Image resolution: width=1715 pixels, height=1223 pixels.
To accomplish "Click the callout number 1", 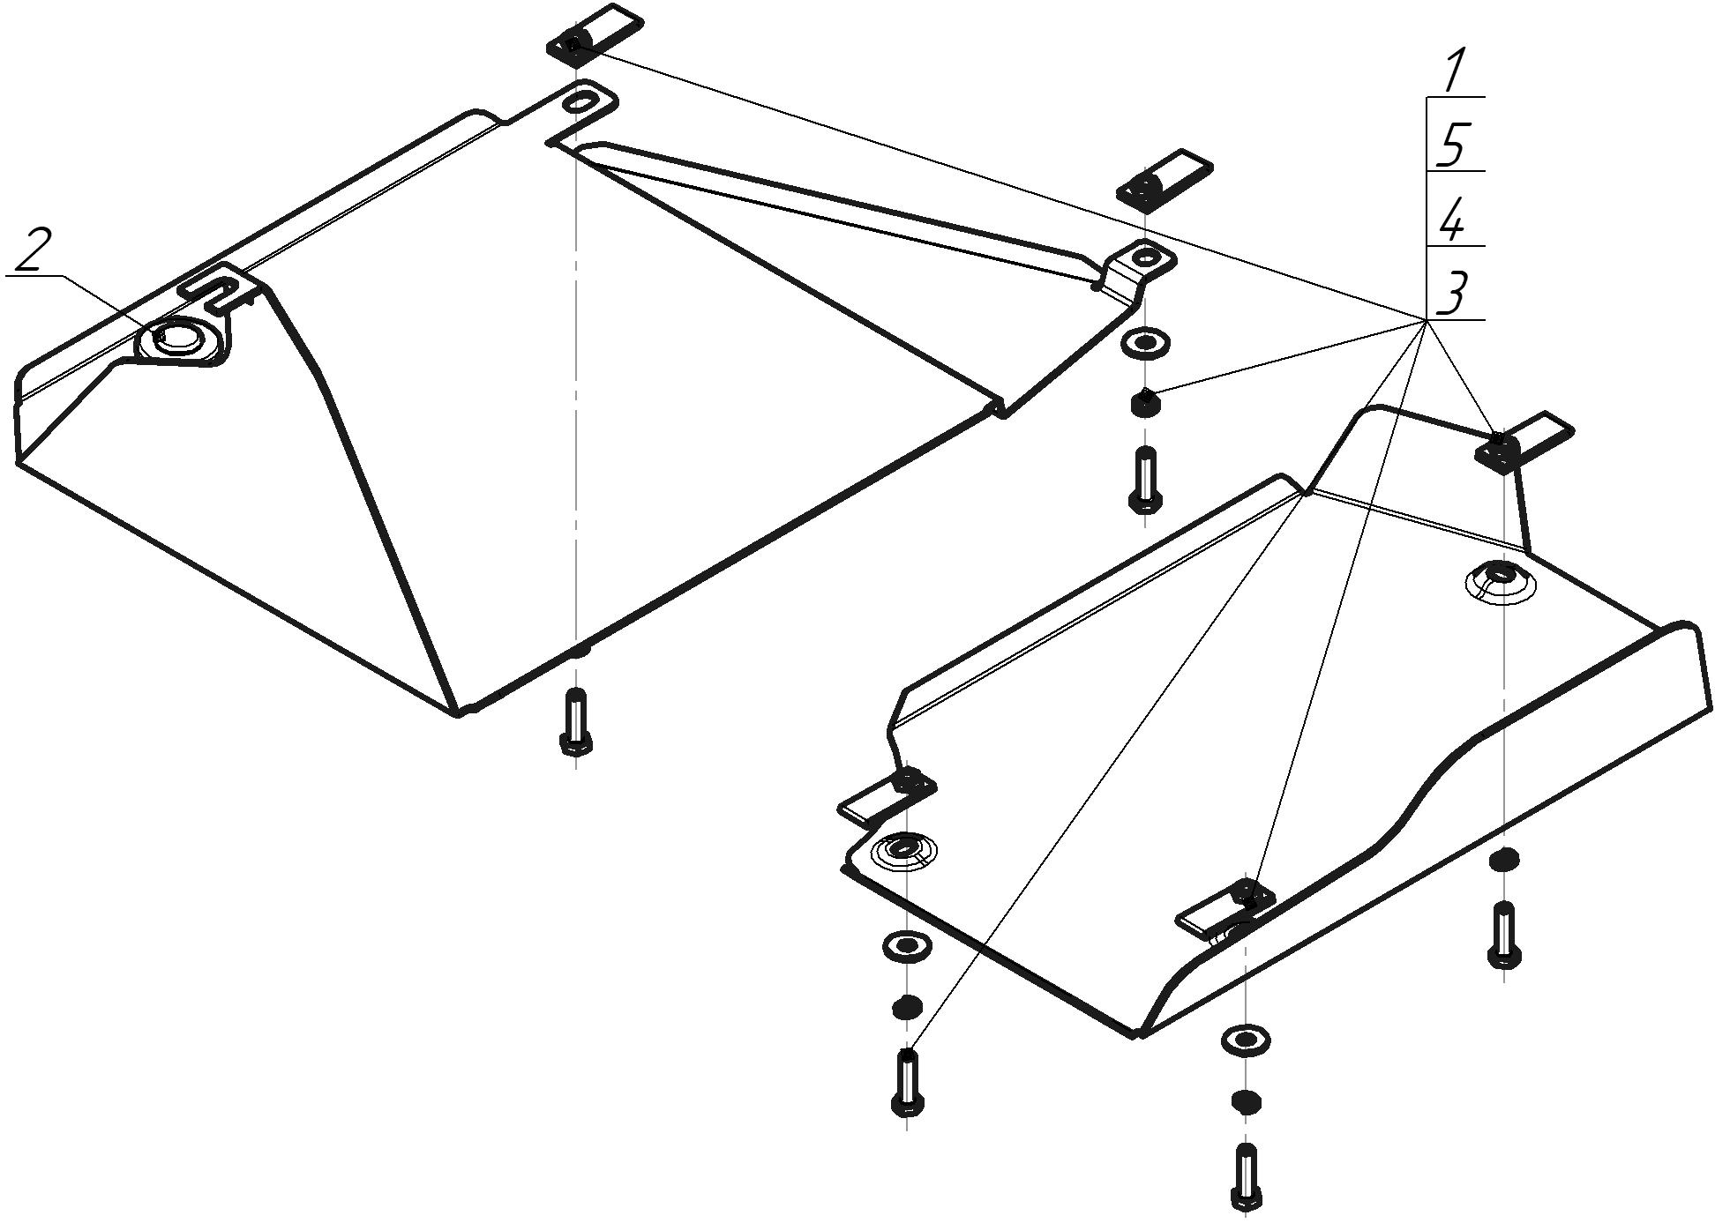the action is [x=1455, y=71].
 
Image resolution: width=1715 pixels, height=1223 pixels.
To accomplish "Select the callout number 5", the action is [x=1453, y=145].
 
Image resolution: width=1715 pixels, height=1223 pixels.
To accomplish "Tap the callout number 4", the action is [x=1452, y=220].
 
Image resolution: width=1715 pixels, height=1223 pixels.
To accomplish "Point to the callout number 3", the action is [x=1453, y=295].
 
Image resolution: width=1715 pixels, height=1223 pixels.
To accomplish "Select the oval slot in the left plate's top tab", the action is [x=579, y=101].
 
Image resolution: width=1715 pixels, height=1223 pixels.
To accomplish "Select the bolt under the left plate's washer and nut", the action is [x=1145, y=480].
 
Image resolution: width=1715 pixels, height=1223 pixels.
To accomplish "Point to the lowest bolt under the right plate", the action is [x=1246, y=1177].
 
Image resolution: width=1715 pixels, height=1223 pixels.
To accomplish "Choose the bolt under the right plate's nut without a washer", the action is [x=1504, y=934].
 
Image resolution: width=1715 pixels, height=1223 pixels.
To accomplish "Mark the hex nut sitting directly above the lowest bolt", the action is [x=1245, y=1101].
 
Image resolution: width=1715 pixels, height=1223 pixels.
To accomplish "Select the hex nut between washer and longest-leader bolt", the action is [x=907, y=1007].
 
